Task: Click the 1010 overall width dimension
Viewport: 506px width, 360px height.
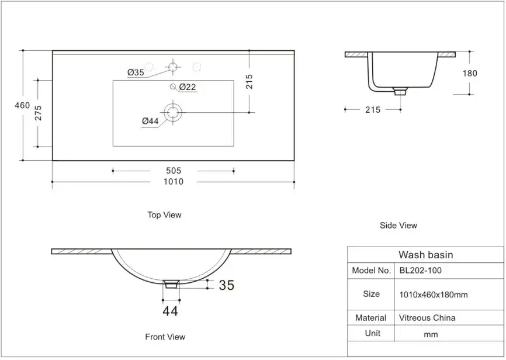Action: pyautogui.click(x=174, y=182)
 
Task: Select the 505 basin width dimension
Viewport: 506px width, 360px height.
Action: pyautogui.click(x=174, y=171)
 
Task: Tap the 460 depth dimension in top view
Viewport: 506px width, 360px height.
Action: pyautogui.click(x=22, y=105)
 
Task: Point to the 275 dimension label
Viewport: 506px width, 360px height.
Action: pyautogui.click(x=38, y=113)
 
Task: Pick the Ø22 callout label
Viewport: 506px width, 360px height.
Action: pyautogui.click(x=187, y=87)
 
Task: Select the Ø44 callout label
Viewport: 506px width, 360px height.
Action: pyautogui.click(x=150, y=121)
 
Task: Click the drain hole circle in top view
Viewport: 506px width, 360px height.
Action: pyautogui.click(x=173, y=112)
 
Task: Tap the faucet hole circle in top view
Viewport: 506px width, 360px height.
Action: pyautogui.click(x=173, y=67)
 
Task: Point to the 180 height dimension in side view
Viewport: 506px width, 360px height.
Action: pyautogui.click(x=470, y=74)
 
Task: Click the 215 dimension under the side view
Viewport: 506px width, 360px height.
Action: pyautogui.click(x=372, y=109)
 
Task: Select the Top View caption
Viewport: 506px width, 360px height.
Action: pyautogui.click(x=164, y=215)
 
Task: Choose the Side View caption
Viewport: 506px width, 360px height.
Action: pyautogui.click(x=398, y=225)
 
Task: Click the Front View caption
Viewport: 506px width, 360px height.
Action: pyautogui.click(x=165, y=337)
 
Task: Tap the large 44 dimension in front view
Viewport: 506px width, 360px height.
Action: pyautogui.click(x=170, y=311)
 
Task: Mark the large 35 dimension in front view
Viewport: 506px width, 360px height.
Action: pyautogui.click(x=226, y=285)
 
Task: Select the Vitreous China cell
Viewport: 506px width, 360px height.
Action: pyautogui.click(x=427, y=318)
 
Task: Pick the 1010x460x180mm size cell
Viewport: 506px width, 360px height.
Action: pyautogui.click(x=433, y=295)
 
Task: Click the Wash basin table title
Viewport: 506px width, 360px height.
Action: pyautogui.click(x=425, y=255)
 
